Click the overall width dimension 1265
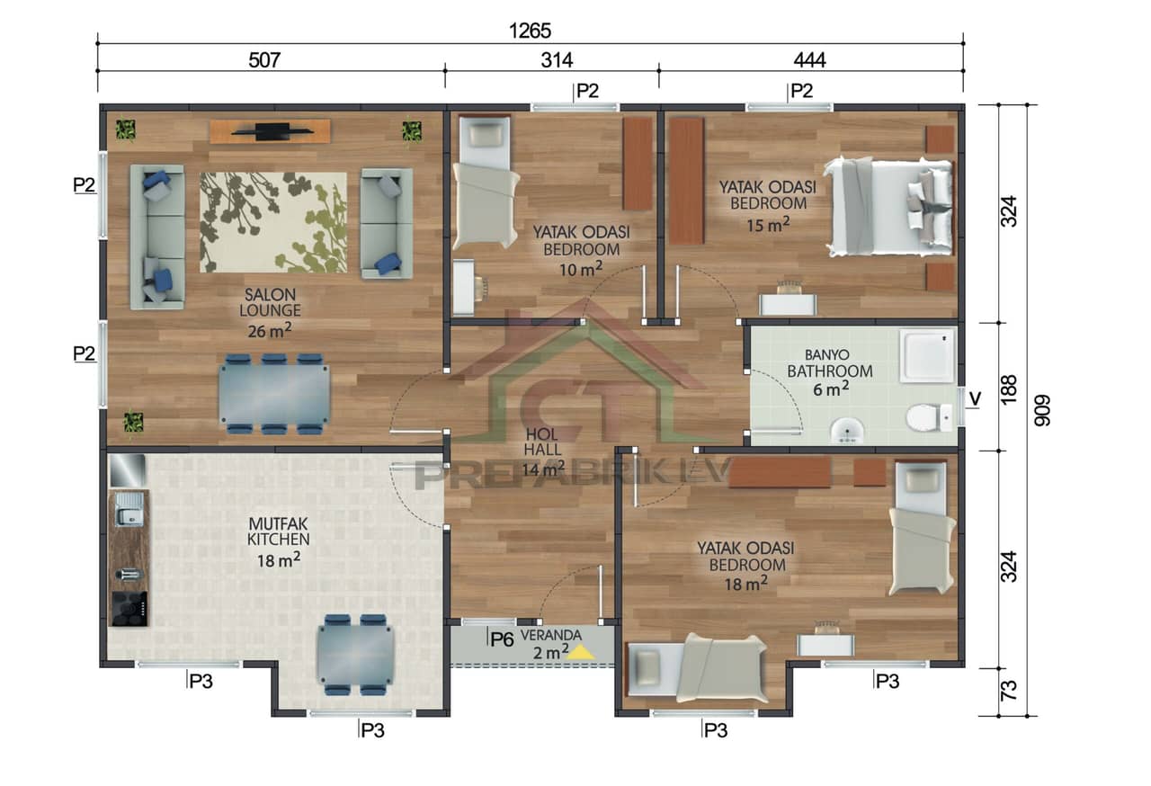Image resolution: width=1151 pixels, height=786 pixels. [x=531, y=31]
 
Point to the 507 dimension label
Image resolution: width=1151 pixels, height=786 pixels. [x=265, y=61]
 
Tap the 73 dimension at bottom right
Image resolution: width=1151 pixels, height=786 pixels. [x=1008, y=691]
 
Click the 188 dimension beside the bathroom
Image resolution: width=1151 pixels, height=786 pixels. [x=1008, y=387]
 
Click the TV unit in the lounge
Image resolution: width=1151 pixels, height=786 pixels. [x=270, y=131]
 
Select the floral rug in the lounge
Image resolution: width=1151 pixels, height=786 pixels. [x=273, y=222]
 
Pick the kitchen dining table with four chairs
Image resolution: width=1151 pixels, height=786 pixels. [x=354, y=655]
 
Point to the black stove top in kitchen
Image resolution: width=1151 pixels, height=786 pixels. [x=129, y=609]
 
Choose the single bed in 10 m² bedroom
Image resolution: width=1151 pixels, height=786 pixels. [x=485, y=182]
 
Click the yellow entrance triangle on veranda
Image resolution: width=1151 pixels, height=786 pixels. [x=581, y=652]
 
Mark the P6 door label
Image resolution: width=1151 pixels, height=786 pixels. [x=501, y=639]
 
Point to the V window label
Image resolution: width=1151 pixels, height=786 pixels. [x=974, y=397]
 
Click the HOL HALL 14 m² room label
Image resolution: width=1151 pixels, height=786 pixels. [x=544, y=450]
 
